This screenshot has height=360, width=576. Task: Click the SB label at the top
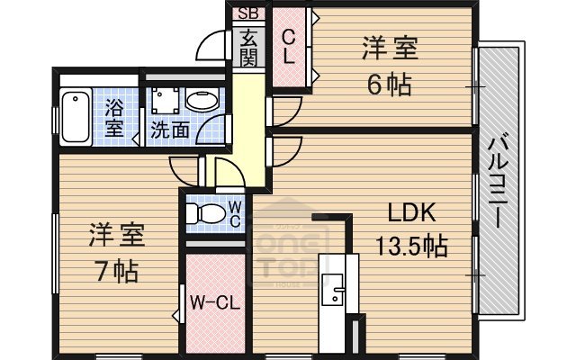[247, 14]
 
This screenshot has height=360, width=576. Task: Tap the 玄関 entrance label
[248, 49]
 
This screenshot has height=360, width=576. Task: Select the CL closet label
[289, 46]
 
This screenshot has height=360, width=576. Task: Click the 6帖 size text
[389, 85]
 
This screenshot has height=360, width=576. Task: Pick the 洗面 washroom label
[169, 130]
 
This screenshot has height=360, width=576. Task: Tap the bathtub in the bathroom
[74, 117]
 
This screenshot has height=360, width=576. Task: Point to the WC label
[233, 213]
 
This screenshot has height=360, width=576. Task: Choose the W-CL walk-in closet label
[213, 302]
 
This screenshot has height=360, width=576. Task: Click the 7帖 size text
[116, 269]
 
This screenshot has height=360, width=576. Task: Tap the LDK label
[411, 213]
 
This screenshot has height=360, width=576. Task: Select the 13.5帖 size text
[411, 245]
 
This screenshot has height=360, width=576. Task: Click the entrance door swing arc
[212, 45]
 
